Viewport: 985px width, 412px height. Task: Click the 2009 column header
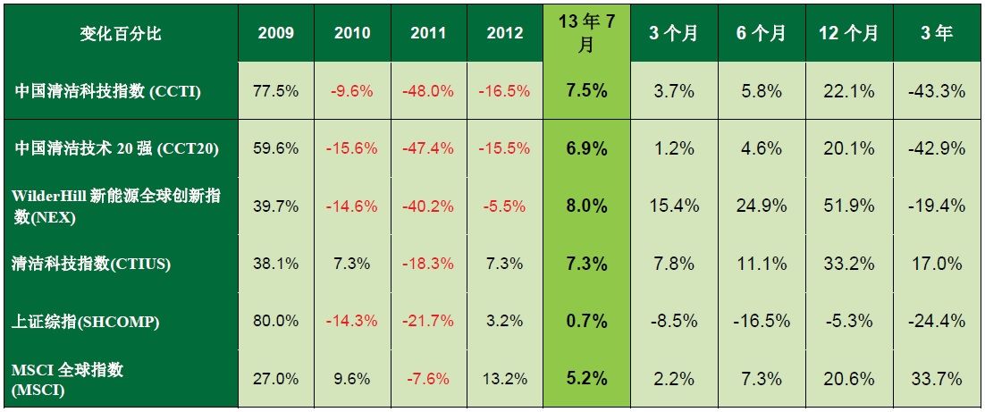(x=276, y=33)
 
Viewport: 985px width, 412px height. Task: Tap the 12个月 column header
(x=848, y=33)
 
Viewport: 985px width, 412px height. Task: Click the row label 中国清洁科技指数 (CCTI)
(x=107, y=90)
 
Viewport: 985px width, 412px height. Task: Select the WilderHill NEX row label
(x=117, y=206)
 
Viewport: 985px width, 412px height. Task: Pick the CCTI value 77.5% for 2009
(x=276, y=90)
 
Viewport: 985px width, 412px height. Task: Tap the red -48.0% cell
(x=429, y=90)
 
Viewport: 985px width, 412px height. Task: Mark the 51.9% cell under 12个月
(x=848, y=206)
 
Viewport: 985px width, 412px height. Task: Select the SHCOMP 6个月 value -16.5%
(x=761, y=321)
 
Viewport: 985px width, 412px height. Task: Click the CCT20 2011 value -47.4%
(x=429, y=148)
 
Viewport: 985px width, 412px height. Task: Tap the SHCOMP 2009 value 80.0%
(x=276, y=321)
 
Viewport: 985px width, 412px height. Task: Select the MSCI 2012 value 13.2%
(x=506, y=379)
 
